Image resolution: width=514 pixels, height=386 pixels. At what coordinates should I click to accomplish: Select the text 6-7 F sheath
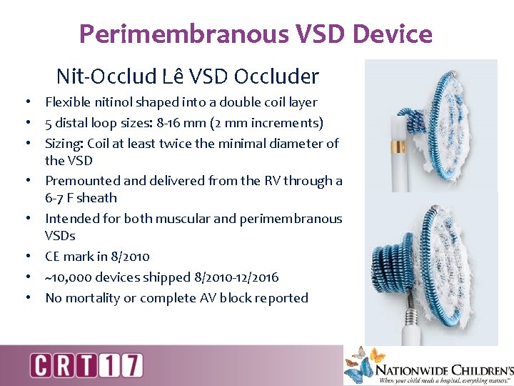(81, 198)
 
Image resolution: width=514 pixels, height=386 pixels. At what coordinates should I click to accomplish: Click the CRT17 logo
(86, 365)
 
